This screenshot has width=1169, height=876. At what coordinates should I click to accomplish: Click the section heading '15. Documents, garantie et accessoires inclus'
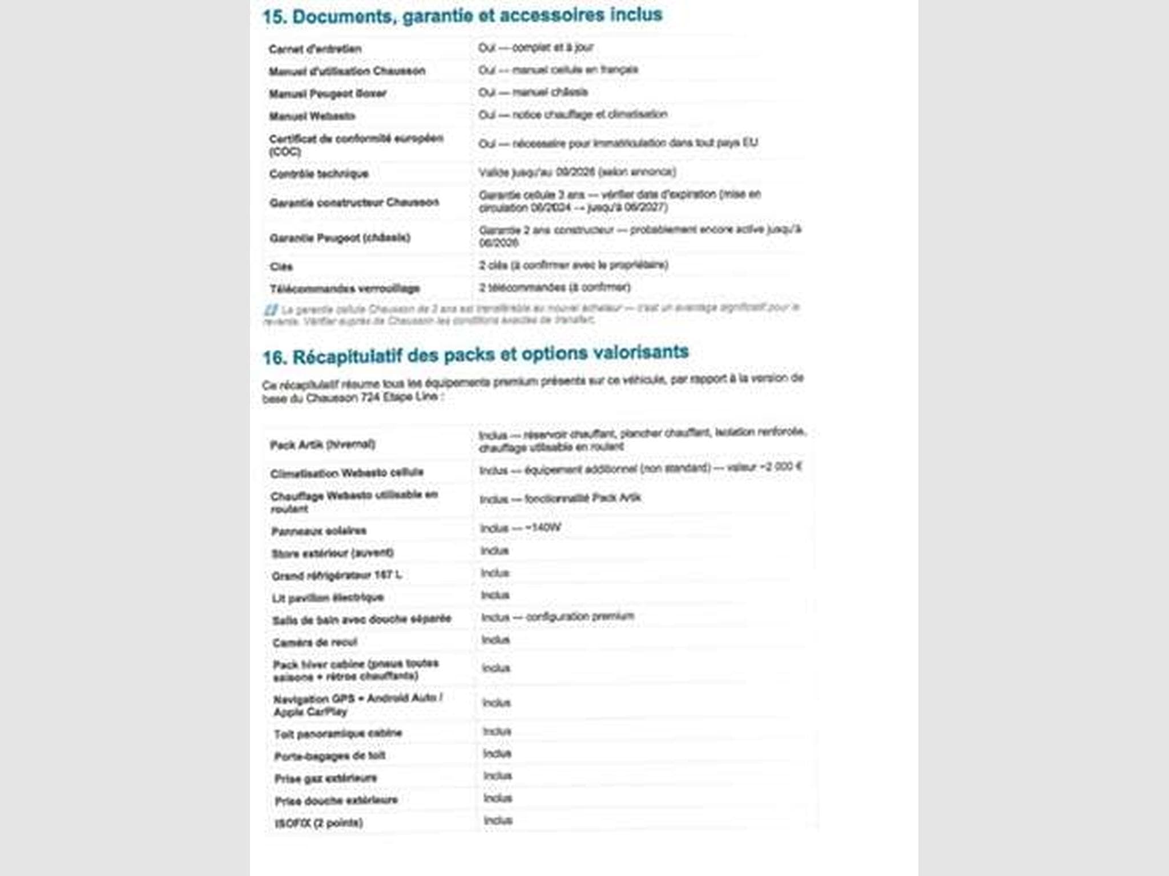pyautogui.click(x=462, y=16)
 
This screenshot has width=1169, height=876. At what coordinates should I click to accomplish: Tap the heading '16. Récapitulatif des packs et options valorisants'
pyautogui.click(x=475, y=355)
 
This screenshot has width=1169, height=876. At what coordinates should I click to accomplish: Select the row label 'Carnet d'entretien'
pyautogui.click(x=315, y=49)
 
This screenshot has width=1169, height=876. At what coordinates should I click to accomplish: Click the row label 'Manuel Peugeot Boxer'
pyautogui.click(x=328, y=94)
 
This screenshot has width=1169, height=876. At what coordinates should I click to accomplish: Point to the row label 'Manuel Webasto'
pyautogui.click(x=312, y=116)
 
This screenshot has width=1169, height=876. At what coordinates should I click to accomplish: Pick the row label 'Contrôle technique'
pyautogui.click(x=319, y=174)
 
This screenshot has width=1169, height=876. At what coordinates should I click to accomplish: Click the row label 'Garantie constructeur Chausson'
pyautogui.click(x=354, y=202)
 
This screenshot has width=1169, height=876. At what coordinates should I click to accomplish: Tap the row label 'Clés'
pyautogui.click(x=281, y=267)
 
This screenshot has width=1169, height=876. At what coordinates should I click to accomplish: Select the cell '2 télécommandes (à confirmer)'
pyautogui.click(x=555, y=287)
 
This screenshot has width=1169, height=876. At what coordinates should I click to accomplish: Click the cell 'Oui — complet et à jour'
pyautogui.click(x=536, y=48)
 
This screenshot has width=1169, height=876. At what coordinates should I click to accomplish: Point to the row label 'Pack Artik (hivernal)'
pyautogui.click(x=323, y=444)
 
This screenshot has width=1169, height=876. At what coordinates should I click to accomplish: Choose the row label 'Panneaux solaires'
pyautogui.click(x=319, y=531)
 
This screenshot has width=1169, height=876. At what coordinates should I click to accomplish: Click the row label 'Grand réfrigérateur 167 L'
pyautogui.click(x=337, y=575)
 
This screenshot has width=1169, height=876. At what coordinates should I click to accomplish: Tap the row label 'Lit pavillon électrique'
pyautogui.click(x=328, y=598)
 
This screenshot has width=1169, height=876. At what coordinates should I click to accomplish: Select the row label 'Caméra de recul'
pyautogui.click(x=315, y=643)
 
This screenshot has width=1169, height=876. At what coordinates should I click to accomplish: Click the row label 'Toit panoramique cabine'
pyautogui.click(x=338, y=733)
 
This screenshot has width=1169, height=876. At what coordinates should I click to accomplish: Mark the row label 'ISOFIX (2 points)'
pyautogui.click(x=319, y=823)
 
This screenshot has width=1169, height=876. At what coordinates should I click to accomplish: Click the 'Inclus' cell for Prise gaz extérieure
pyautogui.click(x=498, y=776)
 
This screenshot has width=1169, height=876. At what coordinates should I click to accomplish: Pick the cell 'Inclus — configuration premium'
pyautogui.click(x=558, y=617)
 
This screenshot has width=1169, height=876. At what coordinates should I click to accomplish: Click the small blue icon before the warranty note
pyautogui.click(x=271, y=310)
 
